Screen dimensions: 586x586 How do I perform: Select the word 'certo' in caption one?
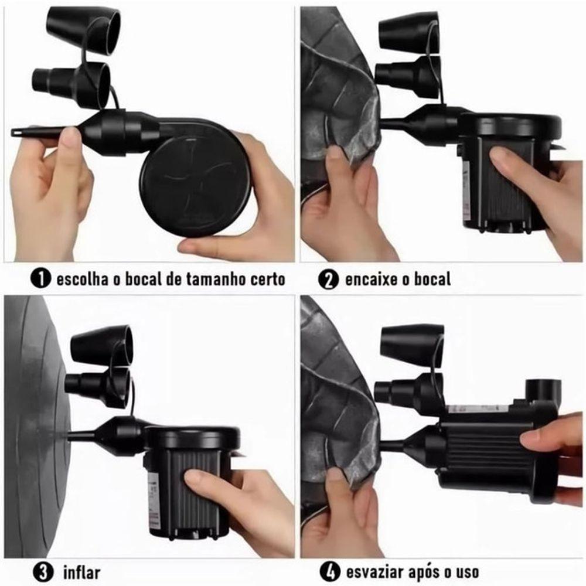point(265,279)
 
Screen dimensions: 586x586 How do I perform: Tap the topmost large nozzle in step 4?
point(411,345)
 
